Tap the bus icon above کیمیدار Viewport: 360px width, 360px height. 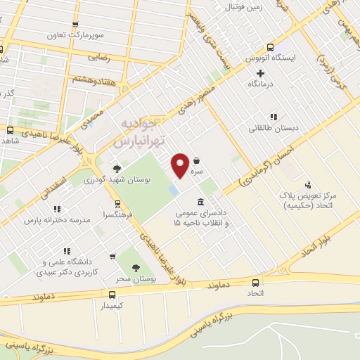[x=112, y=295]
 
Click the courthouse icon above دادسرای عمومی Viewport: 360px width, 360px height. [x=201, y=183]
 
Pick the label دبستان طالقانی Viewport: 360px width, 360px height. [x=271, y=129]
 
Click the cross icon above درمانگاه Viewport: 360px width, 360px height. [x=260, y=73]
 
